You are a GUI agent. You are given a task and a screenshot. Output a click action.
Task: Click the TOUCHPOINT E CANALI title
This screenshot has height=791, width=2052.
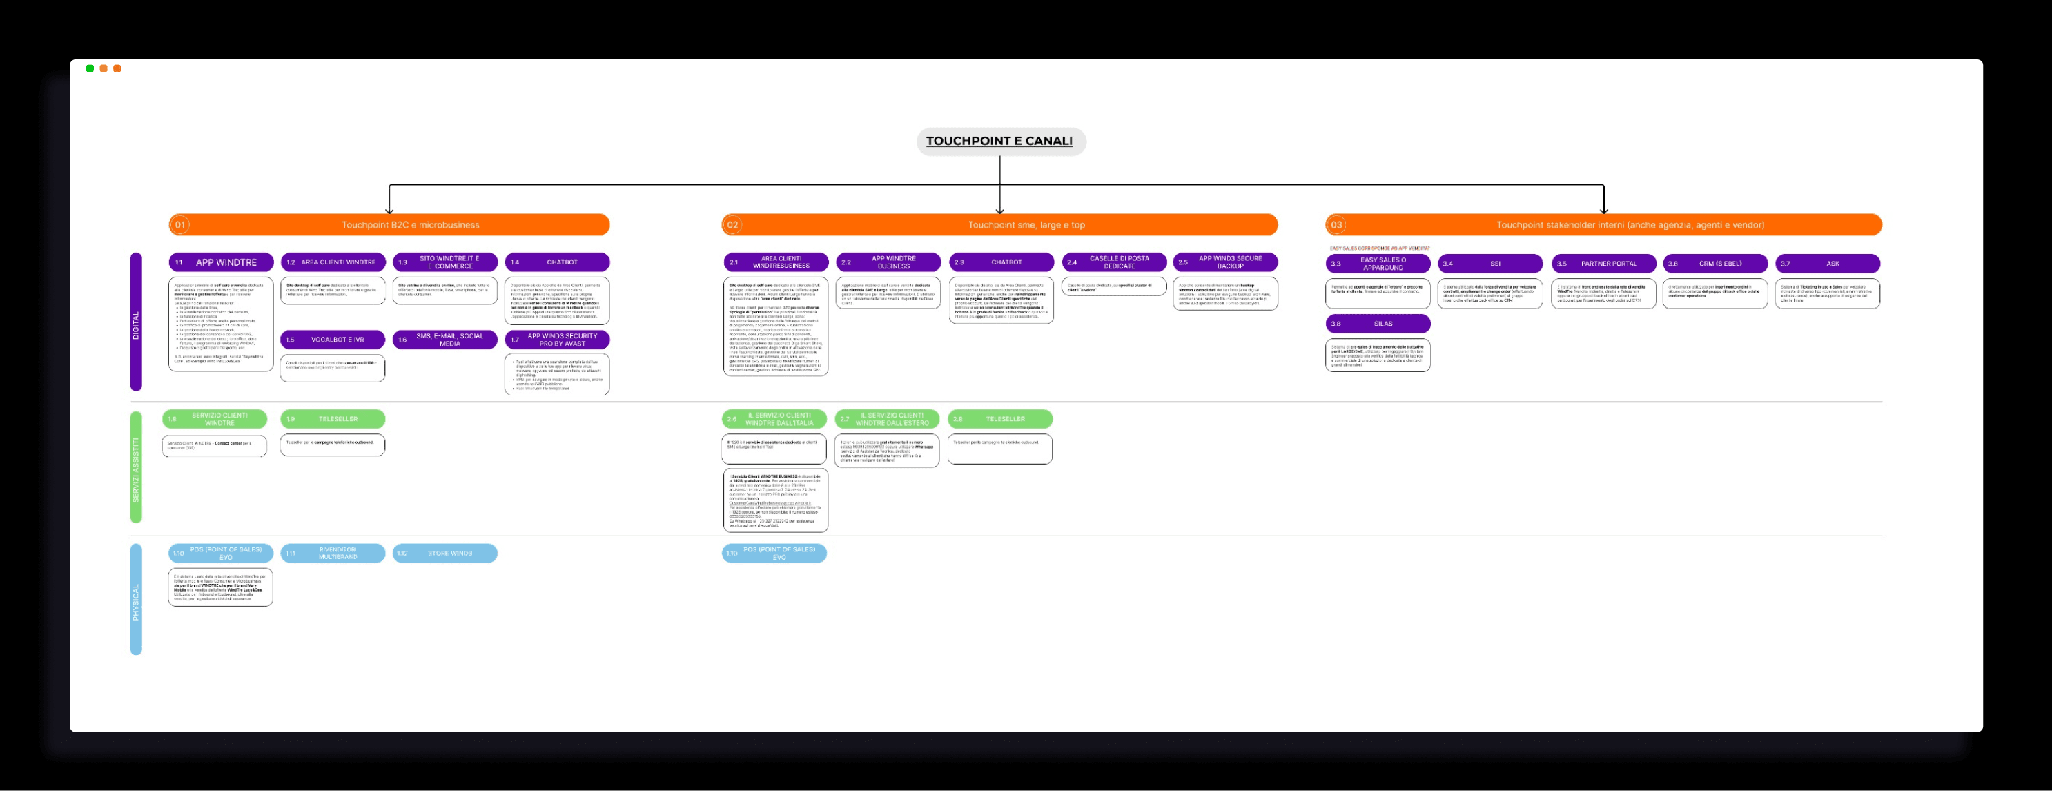tap(999, 141)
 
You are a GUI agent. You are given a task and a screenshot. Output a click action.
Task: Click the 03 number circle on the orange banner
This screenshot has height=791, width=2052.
tap(1336, 224)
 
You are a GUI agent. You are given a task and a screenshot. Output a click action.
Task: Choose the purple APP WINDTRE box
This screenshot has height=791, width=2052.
tap(222, 262)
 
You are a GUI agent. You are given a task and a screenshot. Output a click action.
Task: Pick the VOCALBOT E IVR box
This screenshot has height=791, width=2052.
tap(333, 340)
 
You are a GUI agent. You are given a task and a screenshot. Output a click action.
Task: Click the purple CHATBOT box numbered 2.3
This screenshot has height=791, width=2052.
tap(1001, 262)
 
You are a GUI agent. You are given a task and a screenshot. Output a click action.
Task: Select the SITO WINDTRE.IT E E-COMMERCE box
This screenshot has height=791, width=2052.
tap(445, 262)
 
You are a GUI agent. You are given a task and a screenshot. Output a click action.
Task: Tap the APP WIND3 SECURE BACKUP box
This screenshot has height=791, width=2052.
tap(1225, 262)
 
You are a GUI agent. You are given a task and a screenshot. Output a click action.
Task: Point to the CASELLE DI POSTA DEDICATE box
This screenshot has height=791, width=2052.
tap(1113, 262)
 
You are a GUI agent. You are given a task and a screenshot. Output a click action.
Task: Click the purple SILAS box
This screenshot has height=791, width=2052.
tap(1378, 324)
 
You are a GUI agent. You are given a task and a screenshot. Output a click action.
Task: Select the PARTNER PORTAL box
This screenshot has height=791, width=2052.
tap(1603, 264)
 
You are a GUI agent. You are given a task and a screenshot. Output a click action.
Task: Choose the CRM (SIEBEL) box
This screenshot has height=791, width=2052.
tap(1715, 264)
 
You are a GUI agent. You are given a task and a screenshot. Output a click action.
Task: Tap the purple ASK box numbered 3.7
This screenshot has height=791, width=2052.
tap(1828, 264)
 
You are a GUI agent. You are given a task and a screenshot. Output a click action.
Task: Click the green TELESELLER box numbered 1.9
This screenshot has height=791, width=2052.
tap(333, 419)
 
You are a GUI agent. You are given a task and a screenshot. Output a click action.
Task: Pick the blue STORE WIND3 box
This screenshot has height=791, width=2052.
tap(445, 553)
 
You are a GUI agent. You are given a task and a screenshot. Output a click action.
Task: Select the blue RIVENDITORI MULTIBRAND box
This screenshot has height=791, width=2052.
tap(333, 553)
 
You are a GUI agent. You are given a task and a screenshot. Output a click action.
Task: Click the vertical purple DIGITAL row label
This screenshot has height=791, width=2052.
tap(136, 322)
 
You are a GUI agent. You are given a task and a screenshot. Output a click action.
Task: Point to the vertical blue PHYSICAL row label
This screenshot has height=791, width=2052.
tap(136, 599)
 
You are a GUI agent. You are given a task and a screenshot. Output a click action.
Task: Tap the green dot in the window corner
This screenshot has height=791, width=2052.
tap(90, 68)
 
